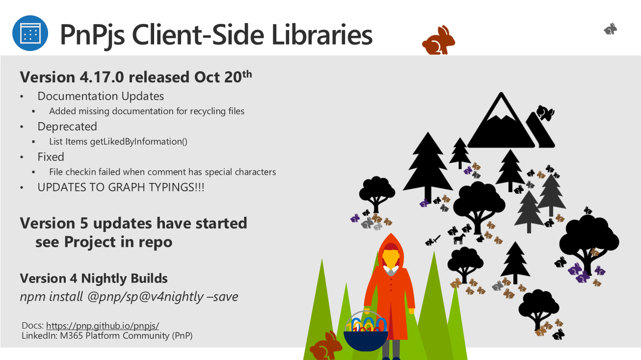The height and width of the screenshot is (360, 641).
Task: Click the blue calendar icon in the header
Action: (x=30, y=33)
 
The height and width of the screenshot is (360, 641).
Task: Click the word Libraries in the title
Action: (x=322, y=35)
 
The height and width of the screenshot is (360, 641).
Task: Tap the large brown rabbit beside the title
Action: (x=438, y=40)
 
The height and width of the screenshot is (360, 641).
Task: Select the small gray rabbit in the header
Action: (x=611, y=29)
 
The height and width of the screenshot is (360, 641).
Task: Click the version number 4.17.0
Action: (x=102, y=77)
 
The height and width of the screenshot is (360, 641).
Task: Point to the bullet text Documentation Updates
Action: (x=101, y=96)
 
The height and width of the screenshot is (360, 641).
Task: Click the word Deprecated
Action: (x=67, y=127)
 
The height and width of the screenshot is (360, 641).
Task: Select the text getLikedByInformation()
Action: (x=138, y=142)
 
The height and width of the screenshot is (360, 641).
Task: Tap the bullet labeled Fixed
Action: (x=51, y=157)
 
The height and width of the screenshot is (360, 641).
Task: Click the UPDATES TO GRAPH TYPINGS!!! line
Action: (x=121, y=187)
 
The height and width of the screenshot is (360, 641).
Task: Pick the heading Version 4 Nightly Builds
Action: (x=94, y=279)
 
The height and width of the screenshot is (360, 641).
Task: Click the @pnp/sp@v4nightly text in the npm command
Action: (x=145, y=297)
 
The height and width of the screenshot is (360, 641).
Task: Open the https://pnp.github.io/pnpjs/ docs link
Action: (x=103, y=326)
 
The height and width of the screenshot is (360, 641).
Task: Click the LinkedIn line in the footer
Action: (x=107, y=335)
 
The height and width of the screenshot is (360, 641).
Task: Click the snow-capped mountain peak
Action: (x=501, y=120)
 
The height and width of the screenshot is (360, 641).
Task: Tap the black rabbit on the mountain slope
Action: (x=545, y=113)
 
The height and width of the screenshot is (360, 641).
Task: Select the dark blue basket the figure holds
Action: (x=366, y=340)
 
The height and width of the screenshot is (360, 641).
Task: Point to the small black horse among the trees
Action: (x=459, y=239)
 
